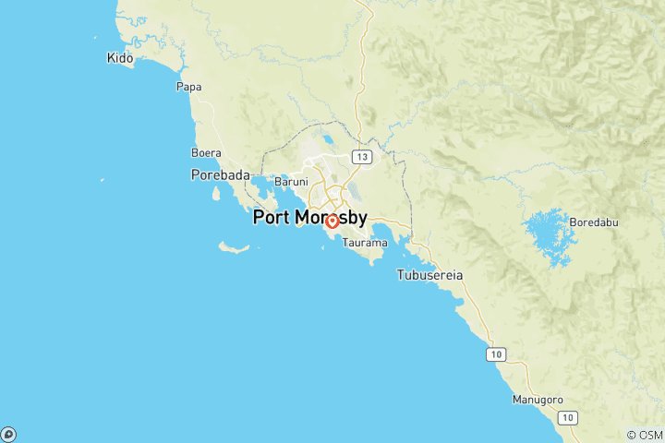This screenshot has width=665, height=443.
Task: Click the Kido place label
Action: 120,58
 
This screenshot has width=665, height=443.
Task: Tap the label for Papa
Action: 188,87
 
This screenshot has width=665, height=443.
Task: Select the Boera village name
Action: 205,152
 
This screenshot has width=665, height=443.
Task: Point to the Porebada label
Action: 221,174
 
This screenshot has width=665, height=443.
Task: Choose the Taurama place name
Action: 357,243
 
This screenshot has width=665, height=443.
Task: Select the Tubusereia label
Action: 429,275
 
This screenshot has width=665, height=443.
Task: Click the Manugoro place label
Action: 538,400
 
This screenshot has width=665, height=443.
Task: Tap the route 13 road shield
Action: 361,157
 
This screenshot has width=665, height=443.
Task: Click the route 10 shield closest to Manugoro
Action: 567,417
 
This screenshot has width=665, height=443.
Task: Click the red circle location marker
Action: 332,221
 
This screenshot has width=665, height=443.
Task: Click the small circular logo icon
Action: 8,434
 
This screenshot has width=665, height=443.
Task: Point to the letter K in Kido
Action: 111,58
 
